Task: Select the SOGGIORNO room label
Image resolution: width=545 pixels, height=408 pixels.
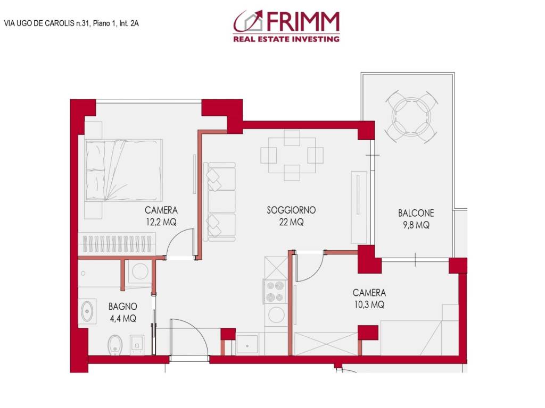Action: (x=291, y=210)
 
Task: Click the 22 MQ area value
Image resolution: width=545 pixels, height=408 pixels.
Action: (x=291, y=223)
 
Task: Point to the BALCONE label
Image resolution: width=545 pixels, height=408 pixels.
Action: (x=416, y=213)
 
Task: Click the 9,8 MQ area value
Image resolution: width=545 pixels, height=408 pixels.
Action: (x=416, y=225)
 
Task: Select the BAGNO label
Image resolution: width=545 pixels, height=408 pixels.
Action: (x=123, y=307)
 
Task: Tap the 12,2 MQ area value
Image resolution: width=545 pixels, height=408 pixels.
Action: (x=161, y=223)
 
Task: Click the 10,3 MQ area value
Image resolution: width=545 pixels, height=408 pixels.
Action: (x=369, y=305)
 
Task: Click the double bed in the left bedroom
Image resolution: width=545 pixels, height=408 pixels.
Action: (x=123, y=170)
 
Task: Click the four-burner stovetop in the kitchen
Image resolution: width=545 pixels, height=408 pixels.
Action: (x=275, y=291)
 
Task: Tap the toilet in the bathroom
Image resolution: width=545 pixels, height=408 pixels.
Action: (x=114, y=344)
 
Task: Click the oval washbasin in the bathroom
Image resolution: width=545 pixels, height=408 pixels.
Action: (x=87, y=311)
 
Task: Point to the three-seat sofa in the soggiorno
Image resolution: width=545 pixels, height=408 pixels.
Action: (x=220, y=202)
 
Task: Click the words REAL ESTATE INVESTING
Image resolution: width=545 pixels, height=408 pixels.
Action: (x=286, y=39)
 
